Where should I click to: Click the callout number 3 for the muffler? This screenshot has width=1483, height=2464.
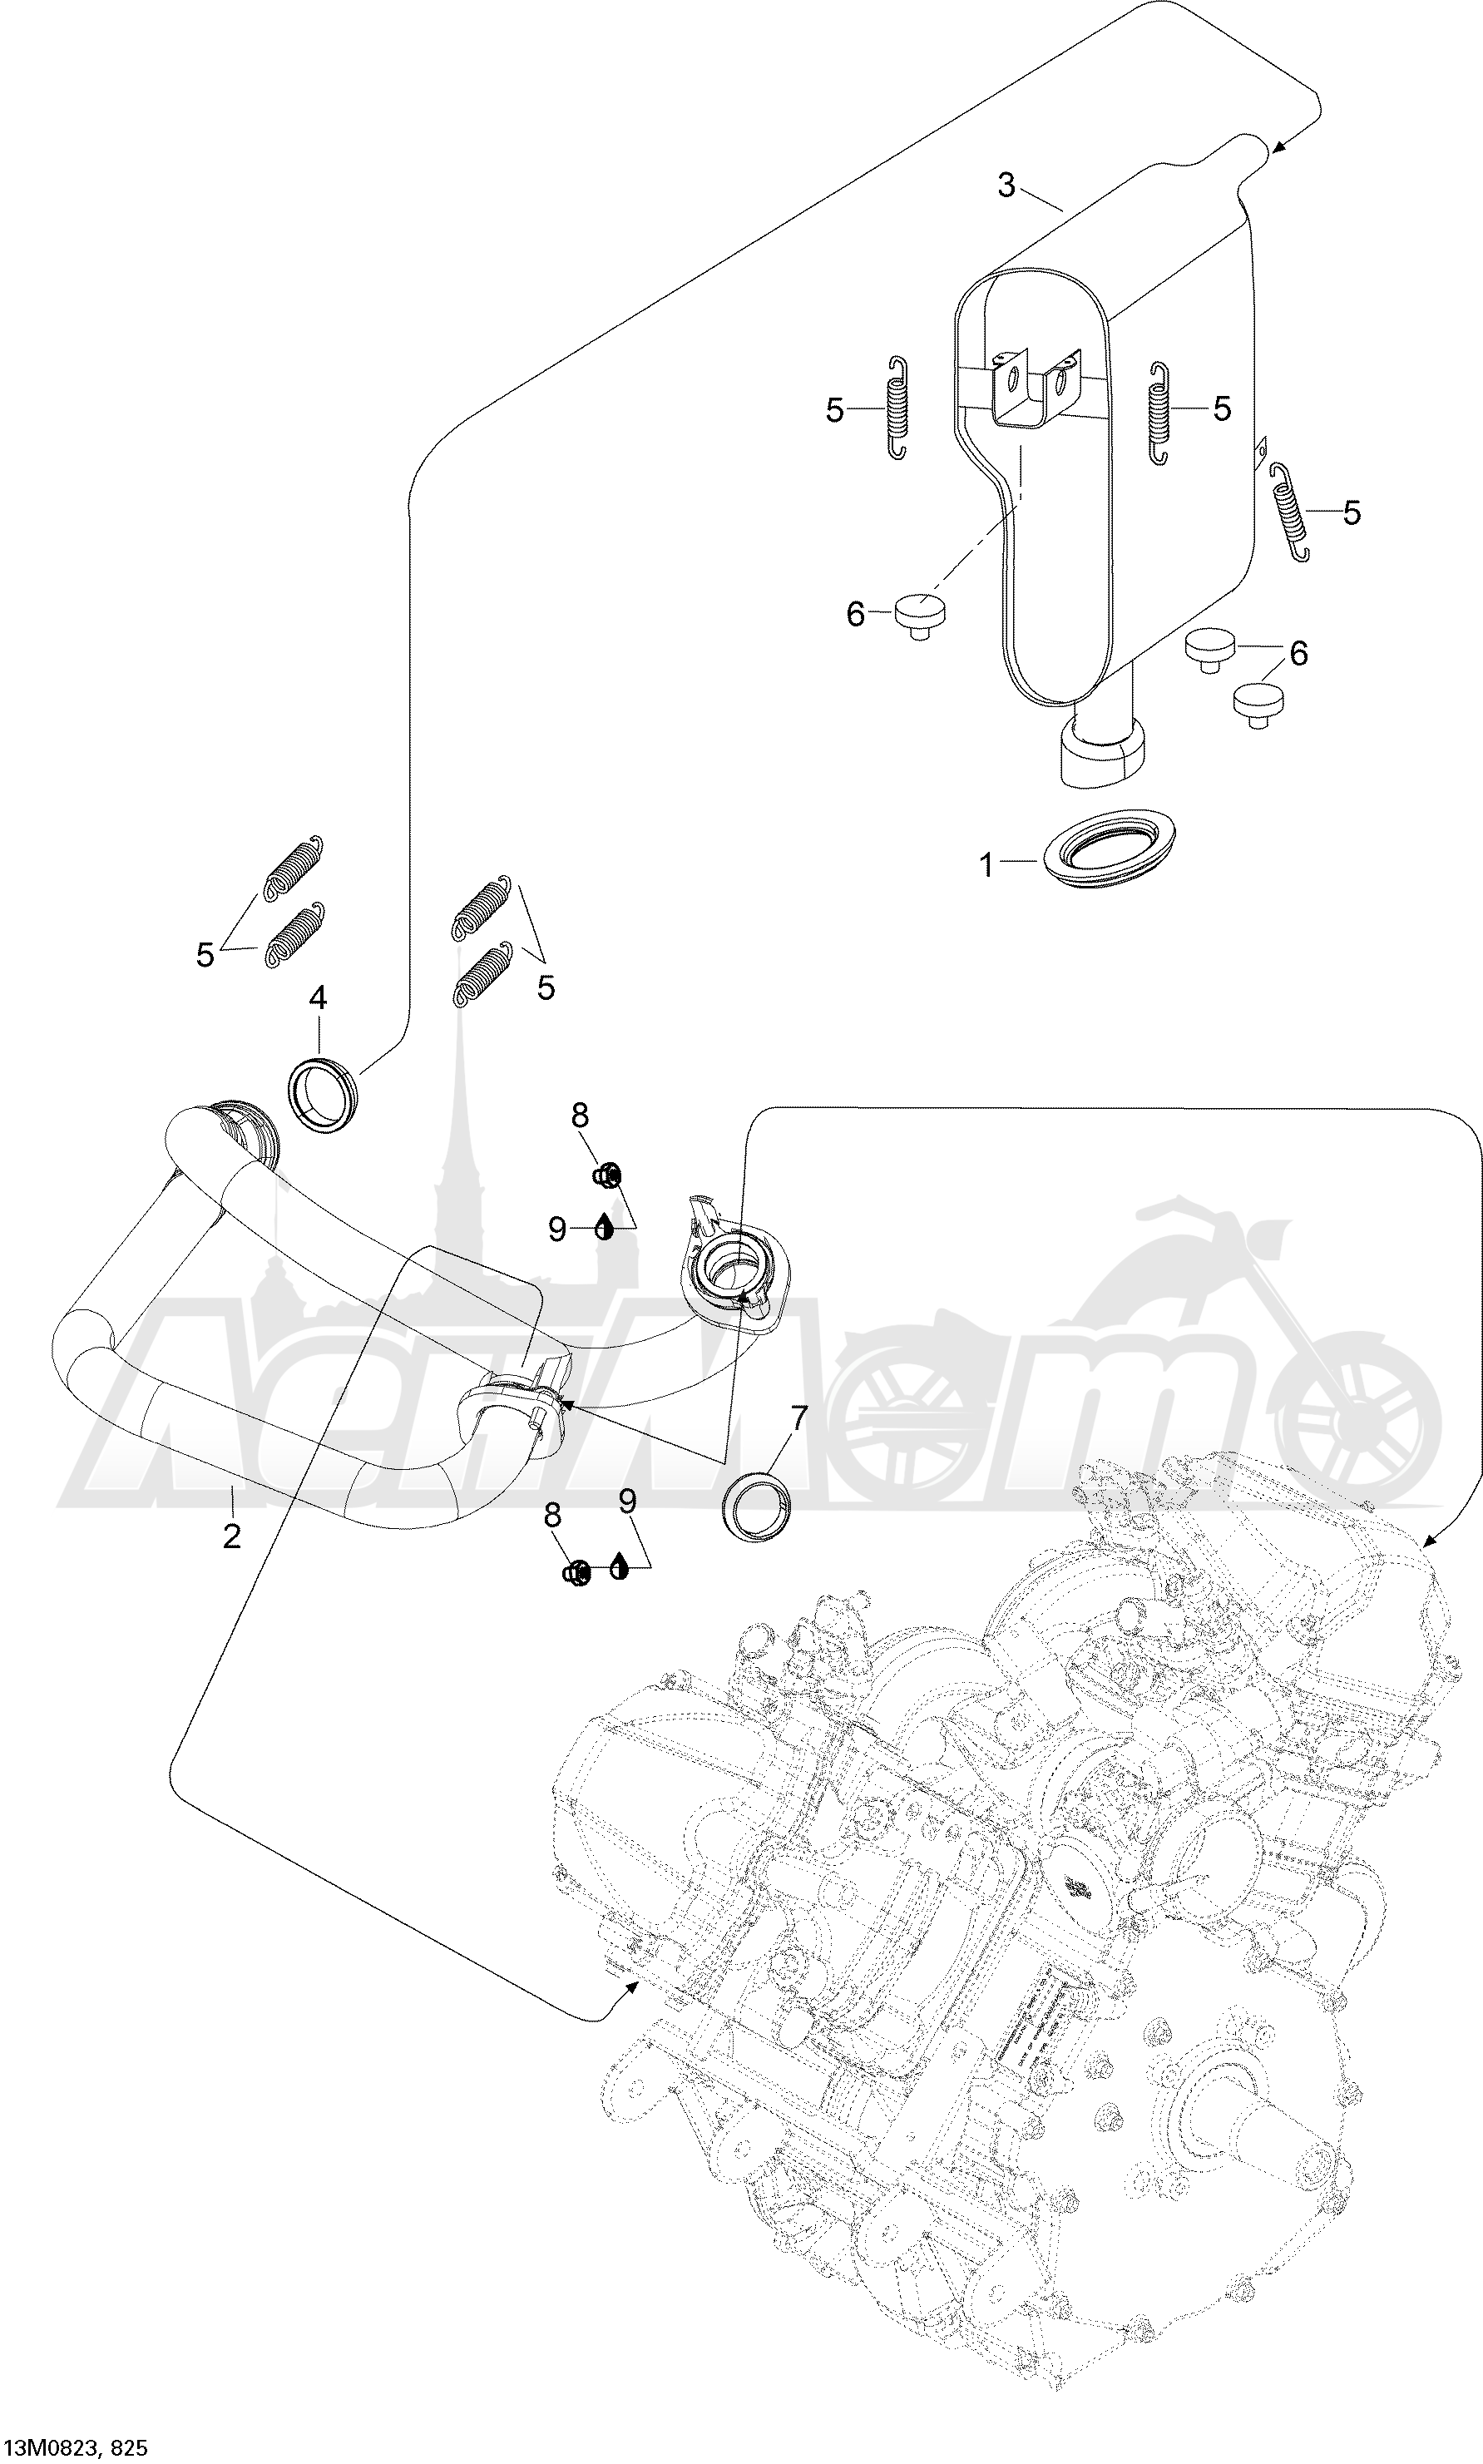tap(1006, 185)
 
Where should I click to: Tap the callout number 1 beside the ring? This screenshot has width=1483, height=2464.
tap(987, 865)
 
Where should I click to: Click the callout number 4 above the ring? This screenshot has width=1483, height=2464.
tap(318, 997)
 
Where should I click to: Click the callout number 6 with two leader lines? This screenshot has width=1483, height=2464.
tap(1298, 654)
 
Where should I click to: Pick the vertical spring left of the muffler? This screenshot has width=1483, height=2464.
tap(897, 408)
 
